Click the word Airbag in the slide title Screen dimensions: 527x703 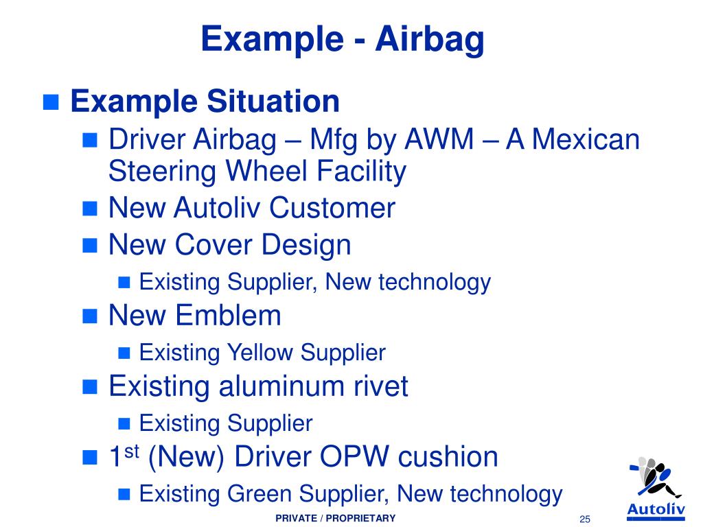[x=430, y=39]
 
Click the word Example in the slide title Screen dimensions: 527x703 [x=274, y=39]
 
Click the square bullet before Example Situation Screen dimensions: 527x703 [x=51, y=103]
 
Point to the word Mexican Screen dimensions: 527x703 [x=573, y=141]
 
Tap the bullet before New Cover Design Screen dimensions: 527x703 [x=91, y=245]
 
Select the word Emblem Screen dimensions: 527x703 [x=229, y=316]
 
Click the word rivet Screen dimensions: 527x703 [x=381, y=387]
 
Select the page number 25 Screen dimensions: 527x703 [x=585, y=519]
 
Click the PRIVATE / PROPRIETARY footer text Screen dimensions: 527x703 [x=335, y=518]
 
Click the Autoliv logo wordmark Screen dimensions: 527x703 [x=656, y=508]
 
